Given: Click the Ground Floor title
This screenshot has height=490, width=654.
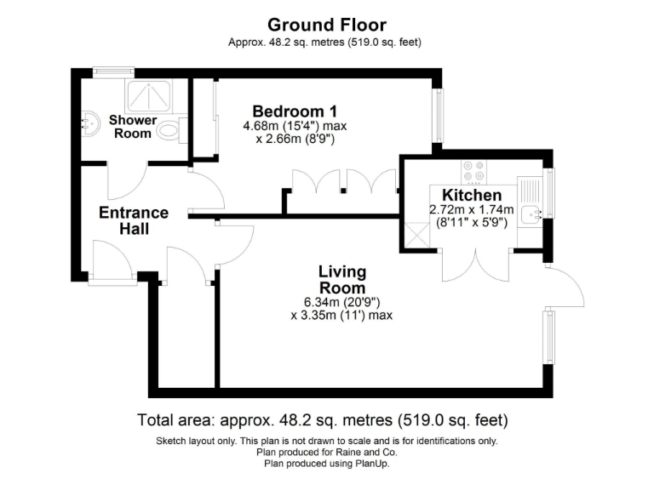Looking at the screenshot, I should (326, 25).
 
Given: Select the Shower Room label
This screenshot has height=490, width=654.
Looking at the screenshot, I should (133, 127).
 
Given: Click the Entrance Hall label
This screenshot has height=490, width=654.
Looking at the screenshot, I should (134, 220).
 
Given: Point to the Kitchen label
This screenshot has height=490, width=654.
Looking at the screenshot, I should (471, 196).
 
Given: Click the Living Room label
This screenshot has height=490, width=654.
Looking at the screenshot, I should (342, 280).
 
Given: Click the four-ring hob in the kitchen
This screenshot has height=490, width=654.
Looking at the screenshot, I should (473, 172).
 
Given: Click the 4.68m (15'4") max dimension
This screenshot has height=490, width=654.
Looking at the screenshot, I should (295, 127).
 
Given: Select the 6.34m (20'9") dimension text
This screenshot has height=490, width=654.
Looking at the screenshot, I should (342, 302).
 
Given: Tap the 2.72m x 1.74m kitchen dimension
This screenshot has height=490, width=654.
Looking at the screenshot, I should (471, 210).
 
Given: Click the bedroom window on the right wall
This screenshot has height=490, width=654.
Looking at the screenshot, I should (439, 116).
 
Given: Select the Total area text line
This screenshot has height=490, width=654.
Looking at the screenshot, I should (323, 420).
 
